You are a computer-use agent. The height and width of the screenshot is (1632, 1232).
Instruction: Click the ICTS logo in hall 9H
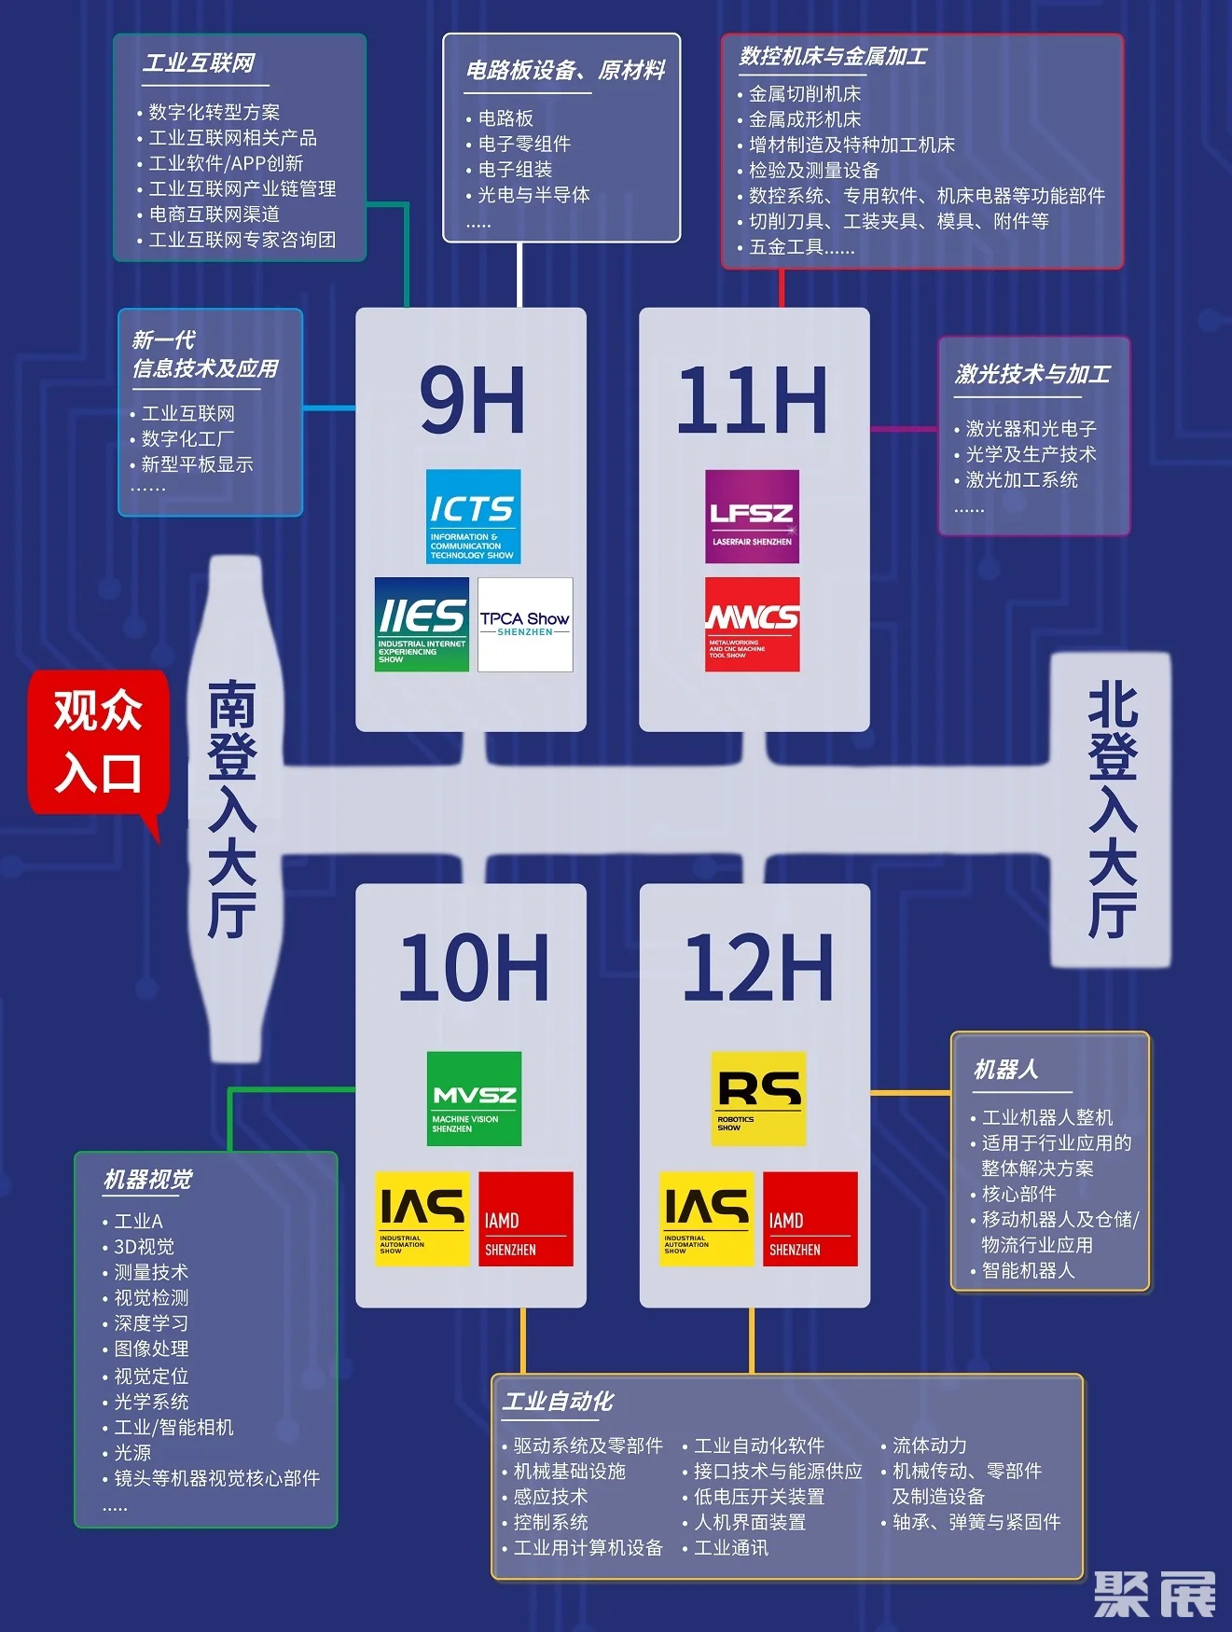[473, 516]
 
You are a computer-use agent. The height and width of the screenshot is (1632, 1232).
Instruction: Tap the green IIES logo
[422, 624]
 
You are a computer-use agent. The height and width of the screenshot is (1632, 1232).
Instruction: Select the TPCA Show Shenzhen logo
[525, 624]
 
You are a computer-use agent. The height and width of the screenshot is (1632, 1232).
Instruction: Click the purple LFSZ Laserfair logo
[752, 516]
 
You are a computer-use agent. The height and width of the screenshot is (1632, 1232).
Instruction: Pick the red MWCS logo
[752, 624]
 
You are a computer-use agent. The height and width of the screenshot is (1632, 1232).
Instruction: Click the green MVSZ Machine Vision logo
[474, 1099]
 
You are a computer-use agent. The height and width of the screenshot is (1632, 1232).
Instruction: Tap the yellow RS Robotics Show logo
[758, 1099]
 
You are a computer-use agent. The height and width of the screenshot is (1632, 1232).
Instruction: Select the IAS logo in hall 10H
[422, 1218]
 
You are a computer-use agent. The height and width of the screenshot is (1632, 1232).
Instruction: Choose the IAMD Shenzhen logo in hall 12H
[810, 1218]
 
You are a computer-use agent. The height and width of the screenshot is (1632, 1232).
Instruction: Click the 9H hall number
[472, 399]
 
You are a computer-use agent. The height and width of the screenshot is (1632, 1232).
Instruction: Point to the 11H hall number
[752, 399]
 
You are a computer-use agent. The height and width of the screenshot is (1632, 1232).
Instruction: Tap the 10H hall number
[474, 967]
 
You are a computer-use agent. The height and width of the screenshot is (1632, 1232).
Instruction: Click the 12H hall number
[757, 967]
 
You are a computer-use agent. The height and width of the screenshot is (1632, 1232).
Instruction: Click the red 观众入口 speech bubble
[98, 742]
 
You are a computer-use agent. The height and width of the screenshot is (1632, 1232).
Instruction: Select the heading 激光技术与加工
[1032, 374]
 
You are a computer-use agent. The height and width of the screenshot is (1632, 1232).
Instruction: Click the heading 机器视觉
[147, 1180]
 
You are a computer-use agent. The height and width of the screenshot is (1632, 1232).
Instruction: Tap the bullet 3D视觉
[144, 1247]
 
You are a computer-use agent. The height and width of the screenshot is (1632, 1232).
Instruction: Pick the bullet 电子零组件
[524, 144]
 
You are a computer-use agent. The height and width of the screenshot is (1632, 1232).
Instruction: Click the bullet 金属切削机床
[805, 93]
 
